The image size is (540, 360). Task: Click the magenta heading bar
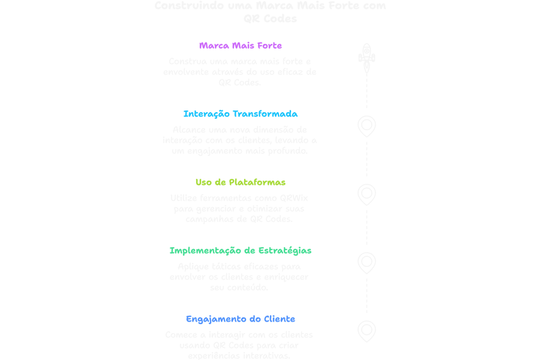tap(239, 43)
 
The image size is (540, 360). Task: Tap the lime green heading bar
tap(239, 178)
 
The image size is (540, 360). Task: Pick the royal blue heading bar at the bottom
tap(241, 314)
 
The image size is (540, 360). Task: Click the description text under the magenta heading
tap(239, 70)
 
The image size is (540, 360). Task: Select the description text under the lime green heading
tap(239, 206)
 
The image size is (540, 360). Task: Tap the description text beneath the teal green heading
tap(241, 274)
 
